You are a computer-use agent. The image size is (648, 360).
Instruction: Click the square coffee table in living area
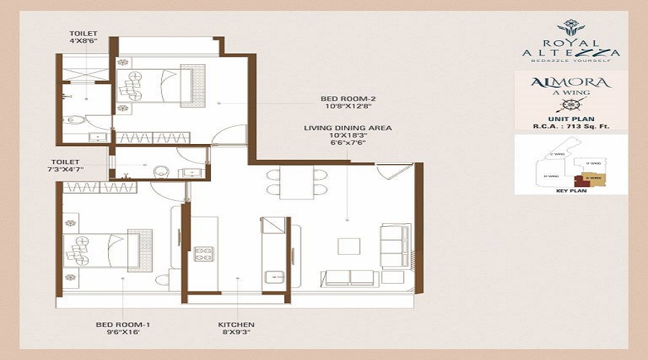348,246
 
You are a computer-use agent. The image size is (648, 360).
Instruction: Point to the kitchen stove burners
204,253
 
